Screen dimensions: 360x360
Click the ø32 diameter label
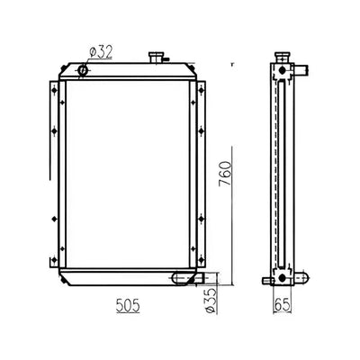tap(101, 52)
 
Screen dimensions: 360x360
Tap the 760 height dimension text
tap(225, 174)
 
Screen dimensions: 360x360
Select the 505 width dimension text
tap(128, 306)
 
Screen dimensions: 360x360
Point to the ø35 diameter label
tap(211, 301)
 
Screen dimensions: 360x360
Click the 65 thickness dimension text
tap(283, 305)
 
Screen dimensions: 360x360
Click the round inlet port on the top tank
tap(84, 70)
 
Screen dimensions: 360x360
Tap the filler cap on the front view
tap(156, 58)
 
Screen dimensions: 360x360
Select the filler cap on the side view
tap(282, 58)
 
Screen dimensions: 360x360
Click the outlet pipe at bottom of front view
tap(195, 277)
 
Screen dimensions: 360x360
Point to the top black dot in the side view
tap(282, 70)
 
